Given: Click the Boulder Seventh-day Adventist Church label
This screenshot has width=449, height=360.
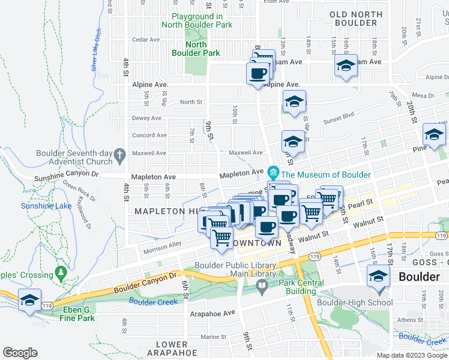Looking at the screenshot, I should click(x=74, y=157).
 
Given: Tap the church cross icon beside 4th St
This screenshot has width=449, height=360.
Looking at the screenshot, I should click(x=120, y=154).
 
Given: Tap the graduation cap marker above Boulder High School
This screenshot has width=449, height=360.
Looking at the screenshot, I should click(x=378, y=277).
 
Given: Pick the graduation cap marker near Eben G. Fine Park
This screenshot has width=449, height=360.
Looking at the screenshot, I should click(x=29, y=300).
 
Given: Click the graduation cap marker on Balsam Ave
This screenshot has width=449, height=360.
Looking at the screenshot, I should click(x=346, y=66).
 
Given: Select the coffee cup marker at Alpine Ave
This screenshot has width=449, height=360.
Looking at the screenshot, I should click(x=258, y=74).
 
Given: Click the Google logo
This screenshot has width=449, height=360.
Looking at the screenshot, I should click(x=20, y=352).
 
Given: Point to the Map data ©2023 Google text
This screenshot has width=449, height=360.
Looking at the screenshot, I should click(x=412, y=355).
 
